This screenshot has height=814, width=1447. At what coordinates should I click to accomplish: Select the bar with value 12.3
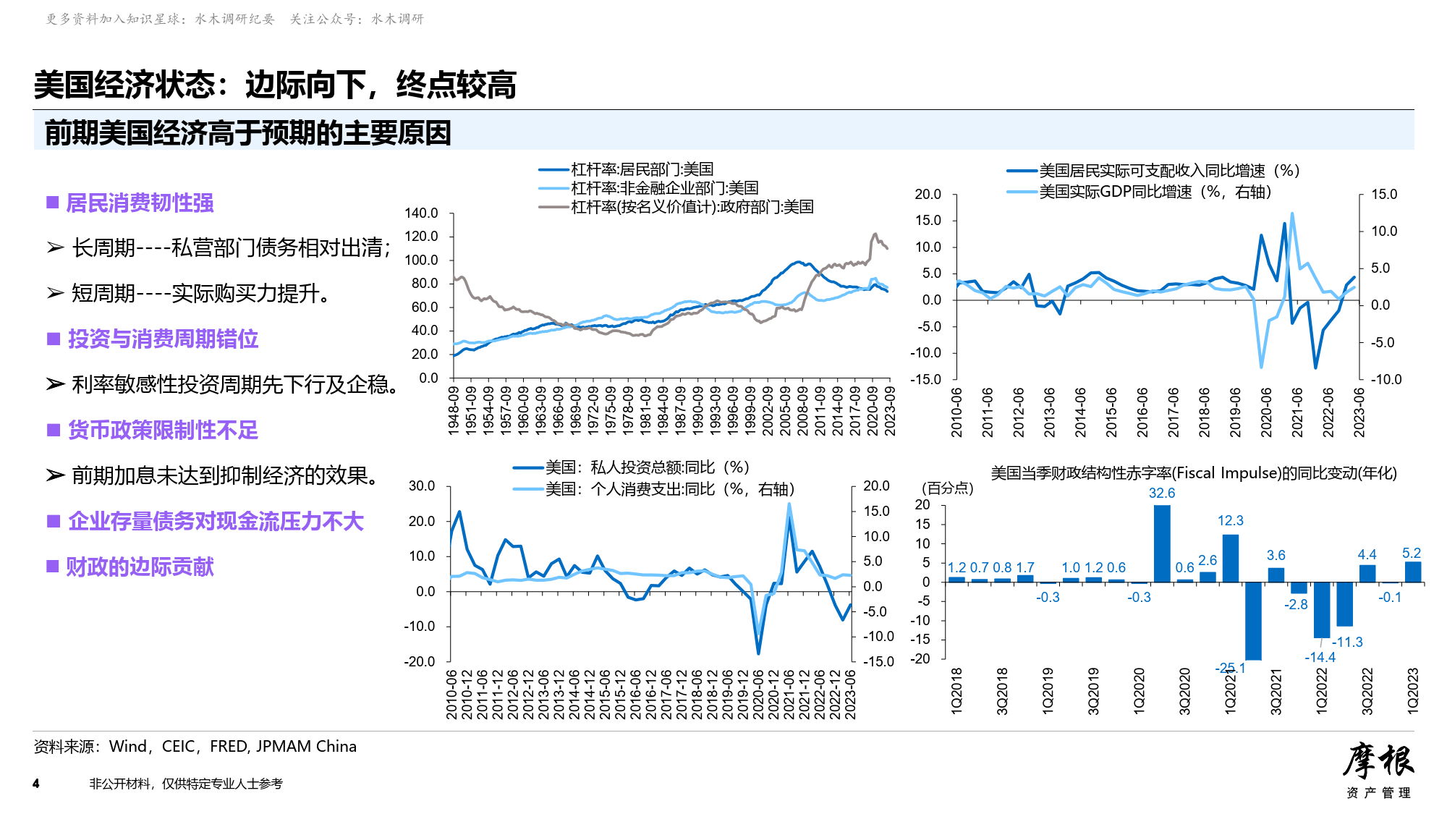coord(1230,558)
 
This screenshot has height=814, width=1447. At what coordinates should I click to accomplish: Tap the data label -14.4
coord(1320,657)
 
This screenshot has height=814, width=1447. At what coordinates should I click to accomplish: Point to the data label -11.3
coord(1347,642)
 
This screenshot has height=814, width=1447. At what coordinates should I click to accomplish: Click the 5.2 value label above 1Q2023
coord(1412,553)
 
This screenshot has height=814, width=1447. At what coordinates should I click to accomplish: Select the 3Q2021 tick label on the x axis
coord(1276,692)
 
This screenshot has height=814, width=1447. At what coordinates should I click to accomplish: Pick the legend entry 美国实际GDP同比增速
coord(1155,192)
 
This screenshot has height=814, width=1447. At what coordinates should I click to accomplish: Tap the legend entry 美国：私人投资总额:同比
coord(647,467)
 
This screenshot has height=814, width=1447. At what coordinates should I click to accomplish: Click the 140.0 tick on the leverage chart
coord(421,213)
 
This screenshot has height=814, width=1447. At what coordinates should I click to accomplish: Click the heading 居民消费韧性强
coord(140,203)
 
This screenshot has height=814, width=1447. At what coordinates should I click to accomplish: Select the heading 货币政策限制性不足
coord(163,431)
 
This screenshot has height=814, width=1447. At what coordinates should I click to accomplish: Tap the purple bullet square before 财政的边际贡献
coord(52,567)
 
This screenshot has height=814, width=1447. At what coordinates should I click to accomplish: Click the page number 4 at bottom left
coord(36,784)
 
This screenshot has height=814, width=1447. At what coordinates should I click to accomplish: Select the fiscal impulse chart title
coord(1193,473)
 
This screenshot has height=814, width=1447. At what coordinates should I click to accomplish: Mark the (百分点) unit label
coord(947,488)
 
